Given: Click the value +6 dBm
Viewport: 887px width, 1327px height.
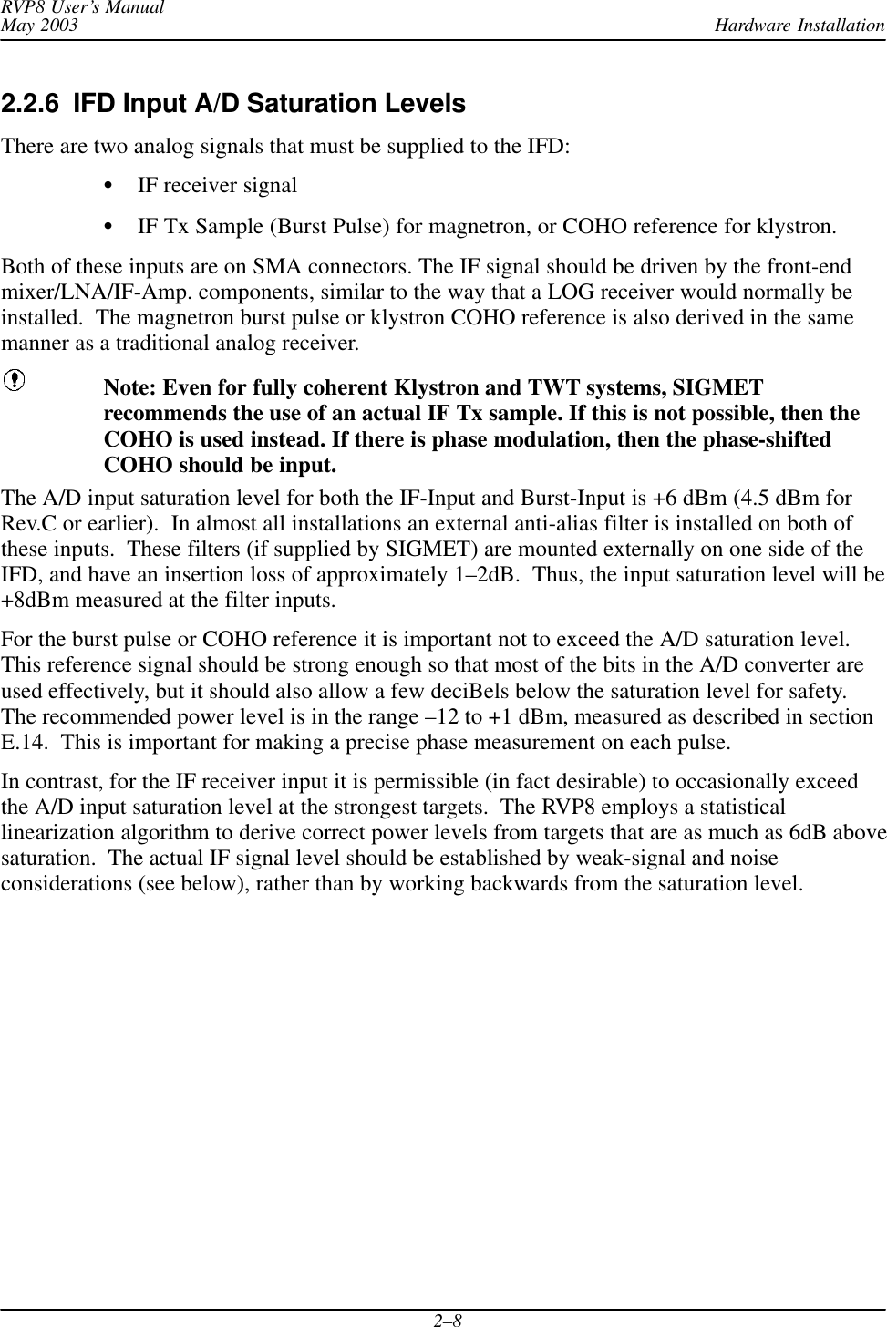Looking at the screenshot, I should tap(689, 499).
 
